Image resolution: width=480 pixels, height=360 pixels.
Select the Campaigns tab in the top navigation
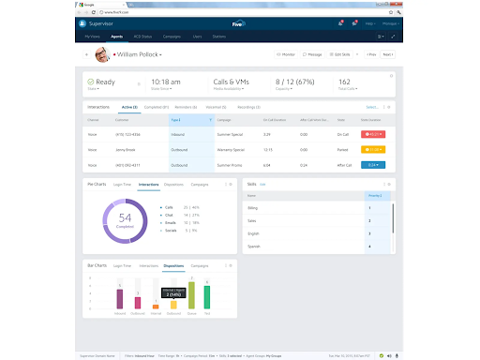pos(171,37)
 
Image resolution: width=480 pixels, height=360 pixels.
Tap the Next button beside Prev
pos(387,55)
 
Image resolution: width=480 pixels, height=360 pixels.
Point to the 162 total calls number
pos(344,82)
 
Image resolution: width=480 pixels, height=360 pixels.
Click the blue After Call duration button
pos(373,164)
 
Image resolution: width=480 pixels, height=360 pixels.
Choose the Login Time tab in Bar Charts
pos(122,266)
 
